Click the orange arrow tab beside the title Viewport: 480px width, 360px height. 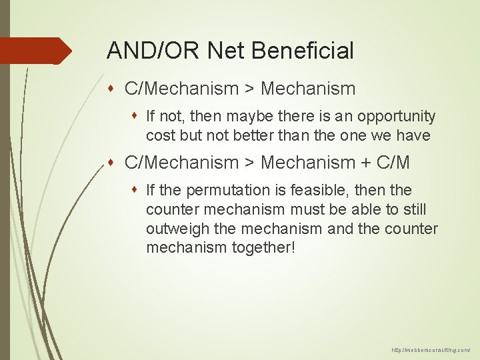click(x=37, y=51)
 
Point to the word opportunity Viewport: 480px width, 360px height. click(x=396, y=117)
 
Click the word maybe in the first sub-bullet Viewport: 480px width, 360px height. click(x=251, y=117)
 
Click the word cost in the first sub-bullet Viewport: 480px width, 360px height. click(x=159, y=135)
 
